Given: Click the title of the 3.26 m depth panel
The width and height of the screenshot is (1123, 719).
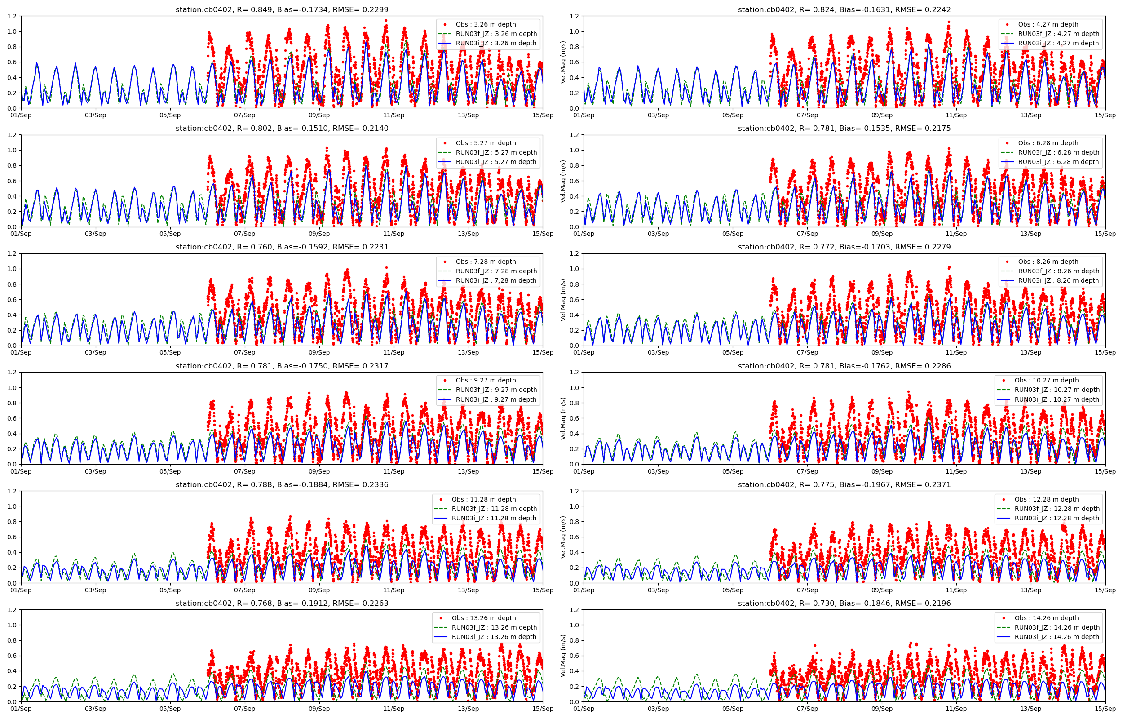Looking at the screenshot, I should [x=282, y=10].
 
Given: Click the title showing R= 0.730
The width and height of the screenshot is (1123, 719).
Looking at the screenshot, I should [x=844, y=603].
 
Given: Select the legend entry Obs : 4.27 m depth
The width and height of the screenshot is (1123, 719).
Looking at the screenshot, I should [x=1048, y=24].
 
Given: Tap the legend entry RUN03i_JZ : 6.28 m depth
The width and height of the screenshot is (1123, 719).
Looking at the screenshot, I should [x=1058, y=162].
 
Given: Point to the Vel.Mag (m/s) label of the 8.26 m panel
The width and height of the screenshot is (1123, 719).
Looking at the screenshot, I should [x=563, y=300].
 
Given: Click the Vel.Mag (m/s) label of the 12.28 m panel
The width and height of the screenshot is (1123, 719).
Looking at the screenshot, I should [x=563, y=537].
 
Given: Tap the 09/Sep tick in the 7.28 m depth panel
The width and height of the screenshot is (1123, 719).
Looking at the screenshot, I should [x=319, y=352].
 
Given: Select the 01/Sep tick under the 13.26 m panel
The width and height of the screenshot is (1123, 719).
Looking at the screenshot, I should [x=21, y=709].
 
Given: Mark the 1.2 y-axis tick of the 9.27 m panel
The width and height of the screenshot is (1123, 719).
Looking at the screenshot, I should [x=12, y=372].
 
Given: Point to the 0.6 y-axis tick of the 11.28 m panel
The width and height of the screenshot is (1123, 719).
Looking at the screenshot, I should [x=12, y=537].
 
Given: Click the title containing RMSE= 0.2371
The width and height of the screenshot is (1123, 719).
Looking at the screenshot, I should [x=844, y=484].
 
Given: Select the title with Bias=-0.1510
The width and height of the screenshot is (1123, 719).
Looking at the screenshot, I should [x=282, y=129].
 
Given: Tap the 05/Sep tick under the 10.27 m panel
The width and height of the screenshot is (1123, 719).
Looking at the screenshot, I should [x=733, y=471].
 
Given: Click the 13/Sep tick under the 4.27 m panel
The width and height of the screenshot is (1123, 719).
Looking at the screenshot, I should [x=1030, y=115].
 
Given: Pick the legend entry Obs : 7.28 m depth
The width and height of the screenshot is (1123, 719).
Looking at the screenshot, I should [x=486, y=262].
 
